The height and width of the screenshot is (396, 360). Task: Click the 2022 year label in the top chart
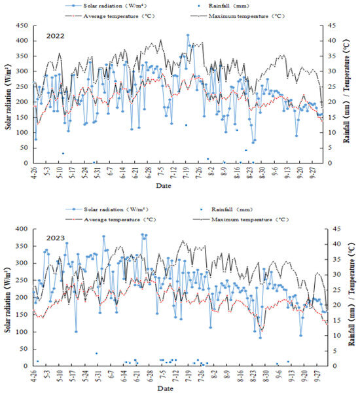coord(56,37)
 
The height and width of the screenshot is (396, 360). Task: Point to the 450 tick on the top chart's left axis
coord(22,26)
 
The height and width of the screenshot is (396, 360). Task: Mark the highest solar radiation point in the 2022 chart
coord(188,35)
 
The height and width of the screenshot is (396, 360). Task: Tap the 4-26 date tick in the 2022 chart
coord(35,171)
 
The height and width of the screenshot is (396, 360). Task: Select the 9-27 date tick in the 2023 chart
coord(319,374)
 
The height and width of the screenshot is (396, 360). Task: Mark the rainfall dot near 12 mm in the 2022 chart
coord(186,125)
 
